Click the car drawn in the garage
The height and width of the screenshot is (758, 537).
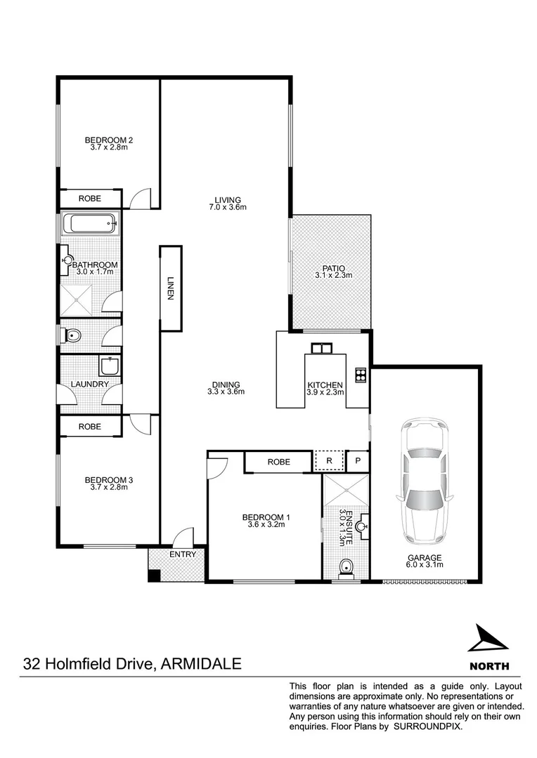click(x=423, y=483)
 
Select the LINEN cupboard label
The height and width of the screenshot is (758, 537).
click(x=170, y=288)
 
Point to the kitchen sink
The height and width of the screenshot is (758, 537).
click(x=321, y=348)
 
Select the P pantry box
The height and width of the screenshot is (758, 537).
click(x=358, y=461)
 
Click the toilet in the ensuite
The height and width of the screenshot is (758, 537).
click(x=345, y=567)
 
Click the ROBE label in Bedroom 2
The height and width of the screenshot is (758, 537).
click(x=89, y=199)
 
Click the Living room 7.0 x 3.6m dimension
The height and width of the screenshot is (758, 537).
click(x=228, y=207)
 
